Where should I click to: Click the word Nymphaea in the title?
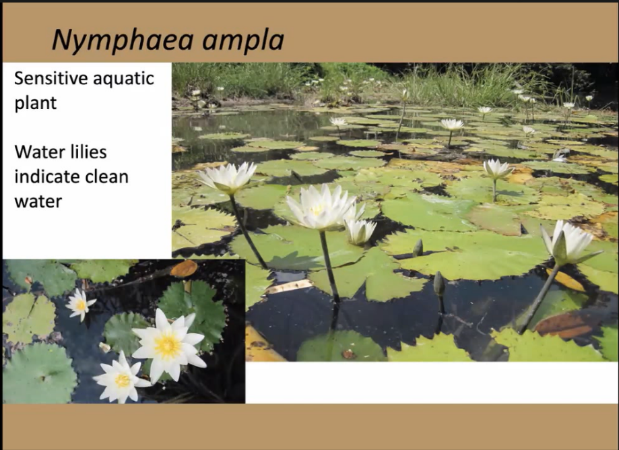pyautogui.click(x=123, y=40)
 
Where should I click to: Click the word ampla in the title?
pyautogui.click(x=243, y=40)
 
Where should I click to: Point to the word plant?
pyautogui.click(x=36, y=104)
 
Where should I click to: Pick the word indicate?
pyautogui.click(x=49, y=176)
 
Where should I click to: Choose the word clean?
pyautogui.click(x=109, y=176)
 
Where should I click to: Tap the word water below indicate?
pyautogui.click(x=38, y=201)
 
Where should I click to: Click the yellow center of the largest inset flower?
pyautogui.click(x=168, y=346)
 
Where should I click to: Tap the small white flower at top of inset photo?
pyautogui.click(x=80, y=304)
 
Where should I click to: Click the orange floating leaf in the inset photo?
pyautogui.click(x=184, y=269)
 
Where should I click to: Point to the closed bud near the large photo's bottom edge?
pyautogui.click(x=439, y=284)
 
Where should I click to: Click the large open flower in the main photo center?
pyautogui.click(x=320, y=207)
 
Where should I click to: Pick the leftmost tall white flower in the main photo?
pyautogui.click(x=228, y=178)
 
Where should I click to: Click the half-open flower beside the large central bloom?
pyautogui.click(x=360, y=231)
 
